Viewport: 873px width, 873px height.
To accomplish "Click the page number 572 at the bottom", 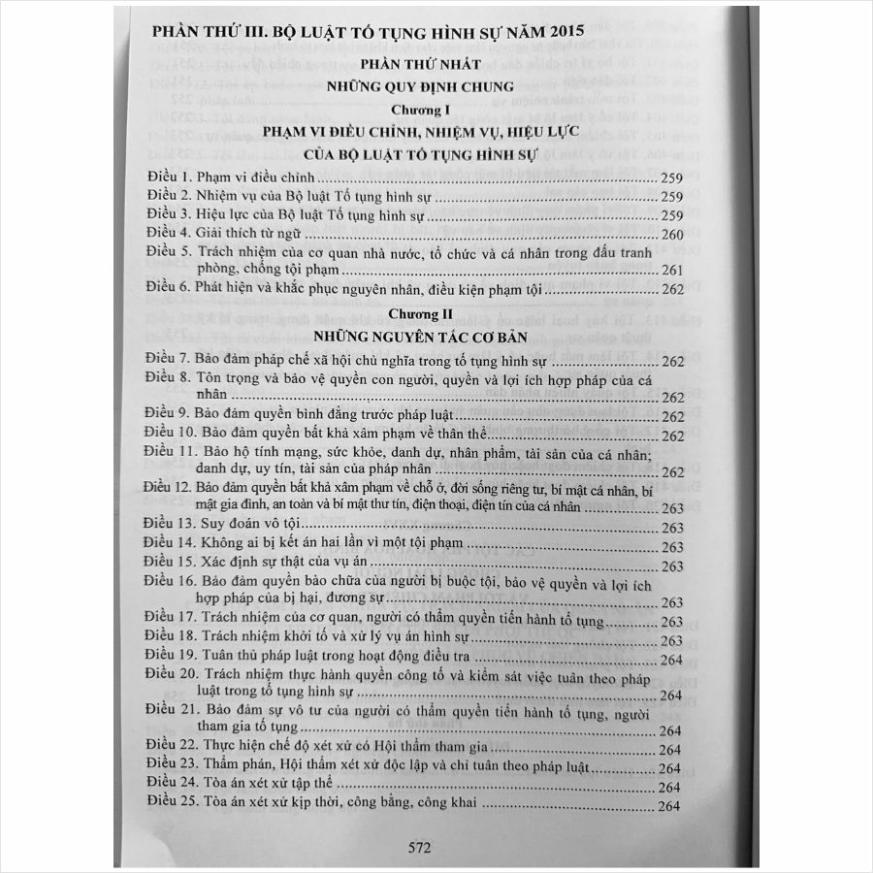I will [x=419, y=847].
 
